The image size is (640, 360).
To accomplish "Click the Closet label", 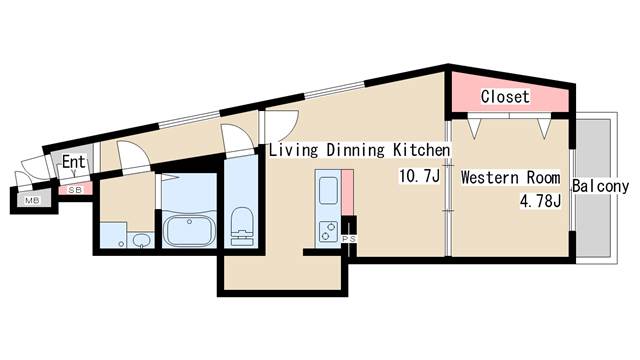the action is (x=505, y=97).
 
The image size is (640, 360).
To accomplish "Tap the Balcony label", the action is (x=600, y=186).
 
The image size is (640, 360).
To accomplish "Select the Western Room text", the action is (x=510, y=178).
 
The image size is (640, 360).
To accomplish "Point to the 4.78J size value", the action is (x=540, y=200).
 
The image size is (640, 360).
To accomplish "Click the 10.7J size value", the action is (x=420, y=176).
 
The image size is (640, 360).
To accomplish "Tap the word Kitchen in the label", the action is (x=422, y=150).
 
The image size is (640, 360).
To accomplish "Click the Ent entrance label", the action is (x=73, y=162).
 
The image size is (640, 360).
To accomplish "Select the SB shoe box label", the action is (x=75, y=190).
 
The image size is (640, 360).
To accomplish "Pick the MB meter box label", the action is (x=32, y=200).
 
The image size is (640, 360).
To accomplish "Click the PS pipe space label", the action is (x=349, y=239).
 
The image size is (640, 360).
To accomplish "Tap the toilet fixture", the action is (x=242, y=226).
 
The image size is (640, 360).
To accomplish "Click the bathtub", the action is (x=189, y=230).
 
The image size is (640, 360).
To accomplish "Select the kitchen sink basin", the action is (x=328, y=190).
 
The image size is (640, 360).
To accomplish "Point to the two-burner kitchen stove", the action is (x=328, y=231).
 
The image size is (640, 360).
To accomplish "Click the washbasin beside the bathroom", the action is (x=141, y=240).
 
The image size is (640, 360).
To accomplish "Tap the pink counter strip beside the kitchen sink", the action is (x=347, y=192).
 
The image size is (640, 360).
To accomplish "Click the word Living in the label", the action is (x=293, y=150).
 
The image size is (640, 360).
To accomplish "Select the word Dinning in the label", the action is (x=356, y=150).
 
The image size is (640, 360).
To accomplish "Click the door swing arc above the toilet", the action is (x=238, y=133).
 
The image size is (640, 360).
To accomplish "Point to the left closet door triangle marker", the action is (x=474, y=128).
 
